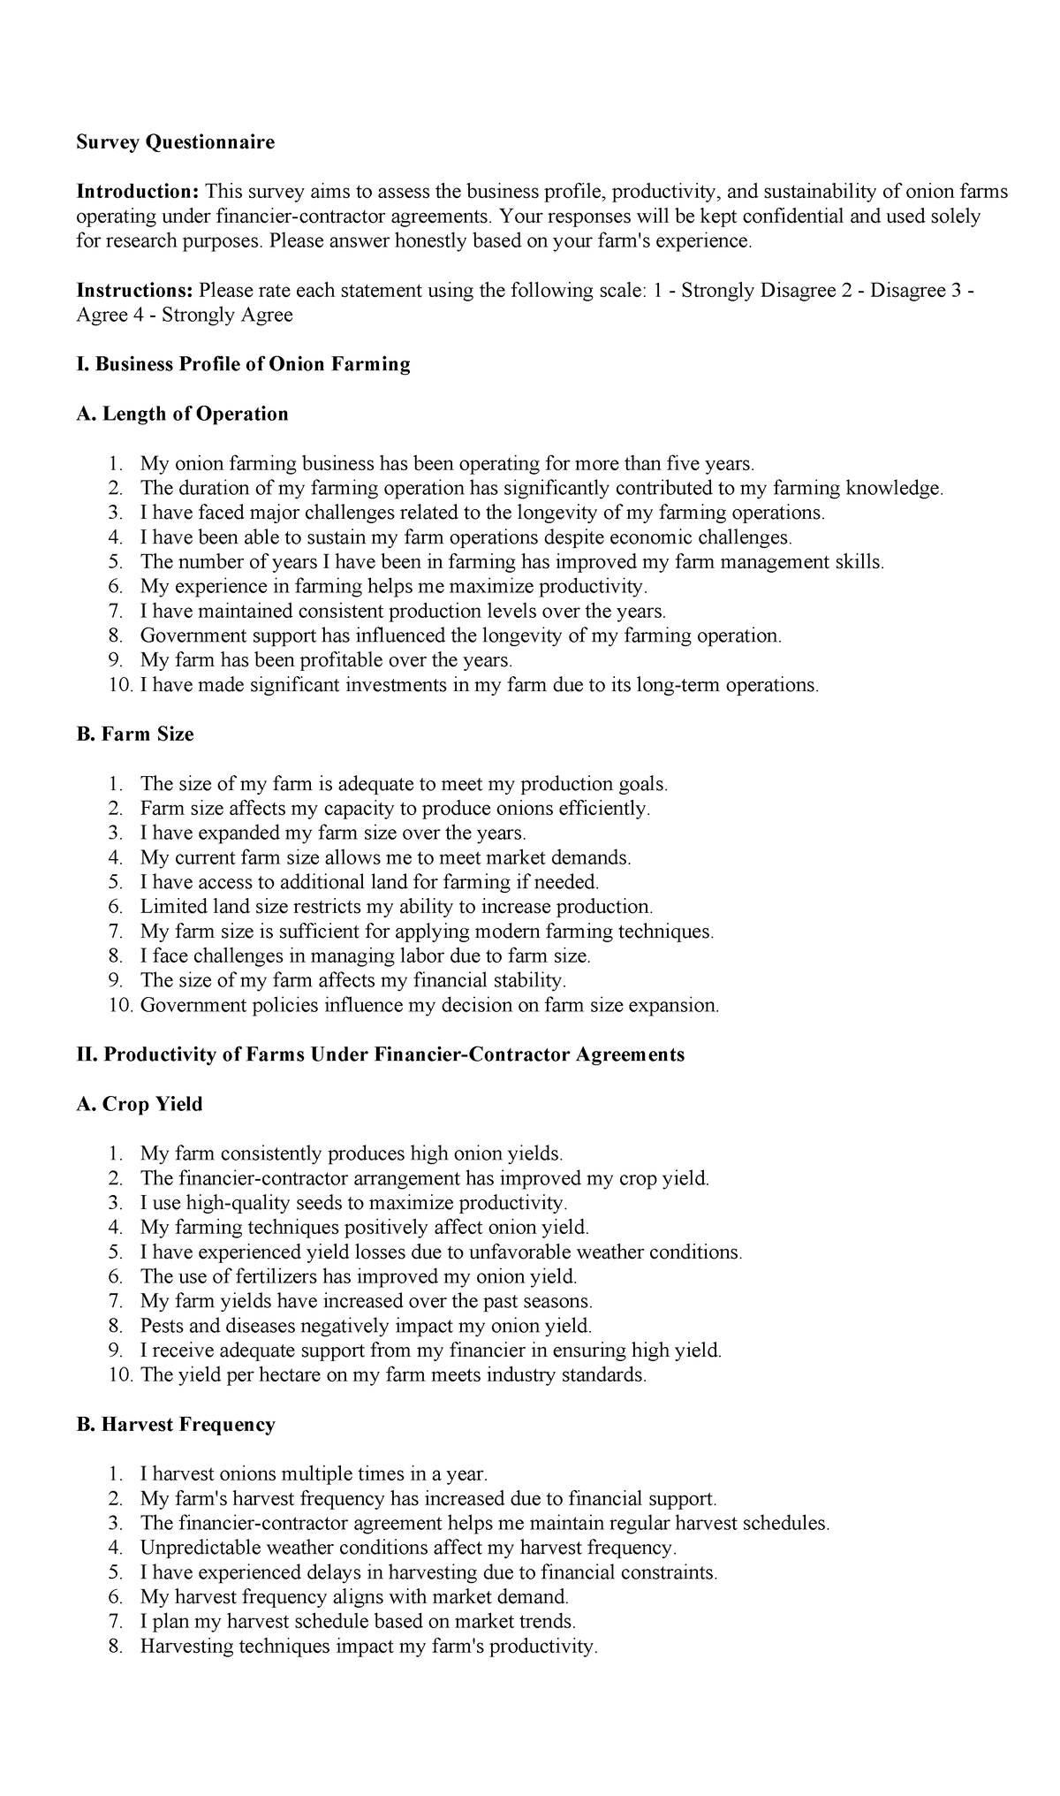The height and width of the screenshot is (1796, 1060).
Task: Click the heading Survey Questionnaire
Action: [176, 142]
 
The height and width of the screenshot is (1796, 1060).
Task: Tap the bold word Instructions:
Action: [135, 291]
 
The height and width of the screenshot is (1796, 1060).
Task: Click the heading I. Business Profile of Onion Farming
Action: [244, 364]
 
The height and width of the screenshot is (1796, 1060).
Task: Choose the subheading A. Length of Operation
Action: [183, 414]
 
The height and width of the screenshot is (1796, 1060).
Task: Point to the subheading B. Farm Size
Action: [135, 734]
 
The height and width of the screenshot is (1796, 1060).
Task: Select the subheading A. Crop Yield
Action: [140, 1104]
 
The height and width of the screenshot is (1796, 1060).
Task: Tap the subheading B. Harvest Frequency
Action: [176, 1424]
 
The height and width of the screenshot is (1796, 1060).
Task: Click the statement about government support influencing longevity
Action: [460, 635]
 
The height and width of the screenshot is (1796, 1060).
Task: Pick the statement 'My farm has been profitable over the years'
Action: [326, 660]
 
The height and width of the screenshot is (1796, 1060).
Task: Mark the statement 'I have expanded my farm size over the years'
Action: [333, 833]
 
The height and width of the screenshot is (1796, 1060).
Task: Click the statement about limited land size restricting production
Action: [397, 907]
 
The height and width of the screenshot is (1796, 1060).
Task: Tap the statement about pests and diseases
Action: [366, 1326]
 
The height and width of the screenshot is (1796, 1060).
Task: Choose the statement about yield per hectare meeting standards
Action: [393, 1375]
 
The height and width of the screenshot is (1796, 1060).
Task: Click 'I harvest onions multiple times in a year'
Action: [314, 1473]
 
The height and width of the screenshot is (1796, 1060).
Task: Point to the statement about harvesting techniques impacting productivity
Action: [369, 1647]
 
